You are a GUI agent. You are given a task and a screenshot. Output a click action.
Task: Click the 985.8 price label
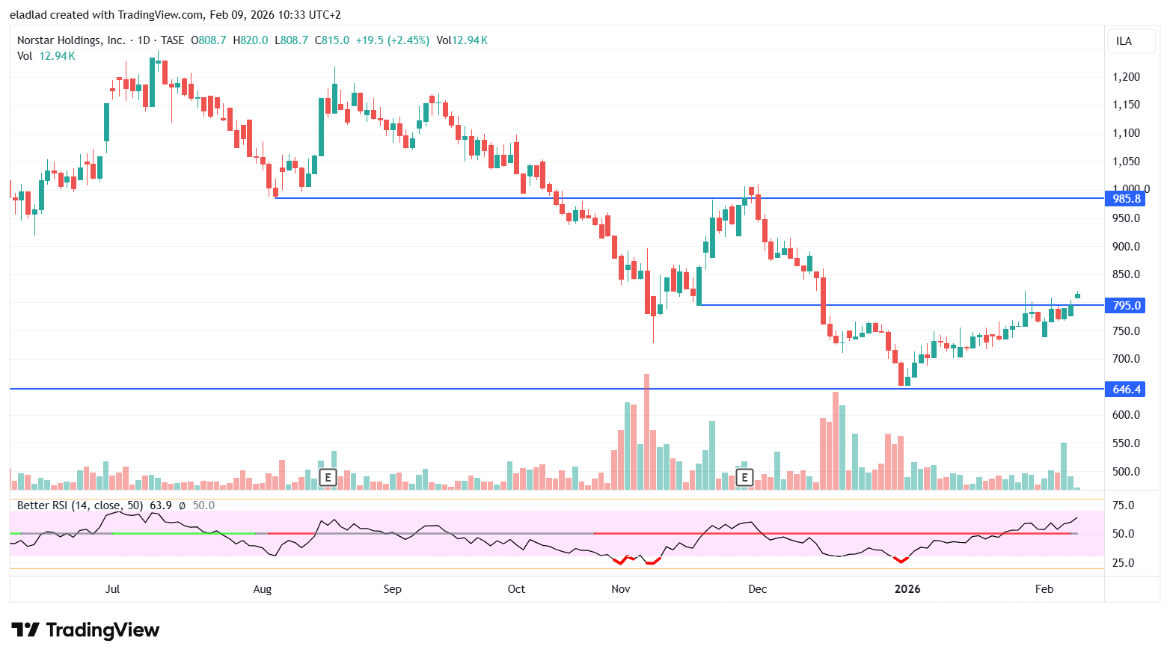1126,198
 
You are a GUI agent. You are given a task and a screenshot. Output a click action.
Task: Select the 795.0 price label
1126,305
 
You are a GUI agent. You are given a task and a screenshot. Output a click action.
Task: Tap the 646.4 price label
1126,389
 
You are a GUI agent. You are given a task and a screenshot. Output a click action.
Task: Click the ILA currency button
1124,41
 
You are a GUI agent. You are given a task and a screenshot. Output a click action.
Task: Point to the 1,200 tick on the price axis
1126,77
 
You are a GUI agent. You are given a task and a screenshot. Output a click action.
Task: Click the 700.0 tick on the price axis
1126,359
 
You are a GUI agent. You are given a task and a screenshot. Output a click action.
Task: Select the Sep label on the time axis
392,589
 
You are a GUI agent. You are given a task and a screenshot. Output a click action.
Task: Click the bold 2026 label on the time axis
907,589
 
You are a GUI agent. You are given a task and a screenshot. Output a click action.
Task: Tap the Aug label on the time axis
262,589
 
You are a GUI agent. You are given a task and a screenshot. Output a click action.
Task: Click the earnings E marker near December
744,477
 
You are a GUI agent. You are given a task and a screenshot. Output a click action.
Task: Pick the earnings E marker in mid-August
328,477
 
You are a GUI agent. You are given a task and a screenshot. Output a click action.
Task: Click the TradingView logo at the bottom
85,630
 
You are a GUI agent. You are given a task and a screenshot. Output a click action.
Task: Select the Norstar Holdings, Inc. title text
71,40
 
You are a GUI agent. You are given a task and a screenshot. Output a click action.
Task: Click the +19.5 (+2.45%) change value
392,40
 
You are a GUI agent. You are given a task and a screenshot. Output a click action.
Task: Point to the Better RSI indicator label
79,505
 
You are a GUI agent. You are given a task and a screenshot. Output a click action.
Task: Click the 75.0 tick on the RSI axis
1123,505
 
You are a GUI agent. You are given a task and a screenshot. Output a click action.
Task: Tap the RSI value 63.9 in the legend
161,505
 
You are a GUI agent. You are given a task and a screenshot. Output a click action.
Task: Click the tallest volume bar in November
646,432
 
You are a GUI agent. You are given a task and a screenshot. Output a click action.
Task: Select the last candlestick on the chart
1077,295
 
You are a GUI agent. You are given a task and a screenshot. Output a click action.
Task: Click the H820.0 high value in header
250,40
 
